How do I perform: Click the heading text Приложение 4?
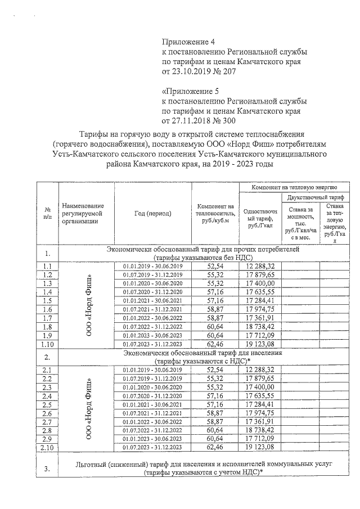[189, 41]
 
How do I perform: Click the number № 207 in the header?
[223, 71]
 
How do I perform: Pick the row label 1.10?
[47, 344]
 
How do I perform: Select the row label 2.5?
[47, 405]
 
